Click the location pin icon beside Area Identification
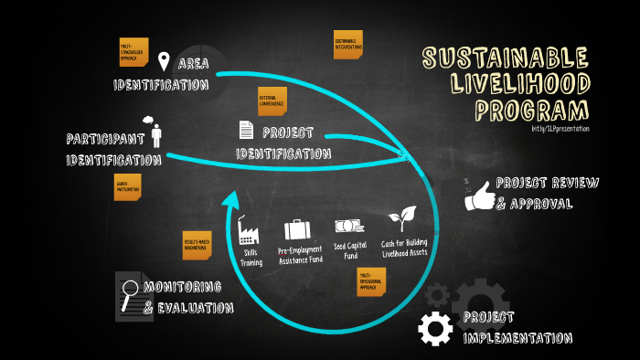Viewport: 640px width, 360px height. (x=164, y=62)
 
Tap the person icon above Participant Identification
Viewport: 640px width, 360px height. (x=155, y=133)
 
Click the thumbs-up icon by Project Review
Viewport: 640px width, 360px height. (x=479, y=194)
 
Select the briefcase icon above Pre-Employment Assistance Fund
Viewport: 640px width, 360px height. (x=298, y=228)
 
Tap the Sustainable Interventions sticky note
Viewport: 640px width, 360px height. (x=348, y=45)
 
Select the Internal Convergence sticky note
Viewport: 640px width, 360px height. (x=272, y=101)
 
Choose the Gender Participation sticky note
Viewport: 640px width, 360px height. (x=128, y=187)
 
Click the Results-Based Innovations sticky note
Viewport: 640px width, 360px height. (x=197, y=244)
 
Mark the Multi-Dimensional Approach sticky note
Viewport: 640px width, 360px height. (x=370, y=281)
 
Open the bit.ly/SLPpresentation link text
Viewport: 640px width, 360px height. (x=560, y=129)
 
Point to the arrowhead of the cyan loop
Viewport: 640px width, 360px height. (x=235, y=201)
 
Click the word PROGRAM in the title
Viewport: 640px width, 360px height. (x=532, y=111)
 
